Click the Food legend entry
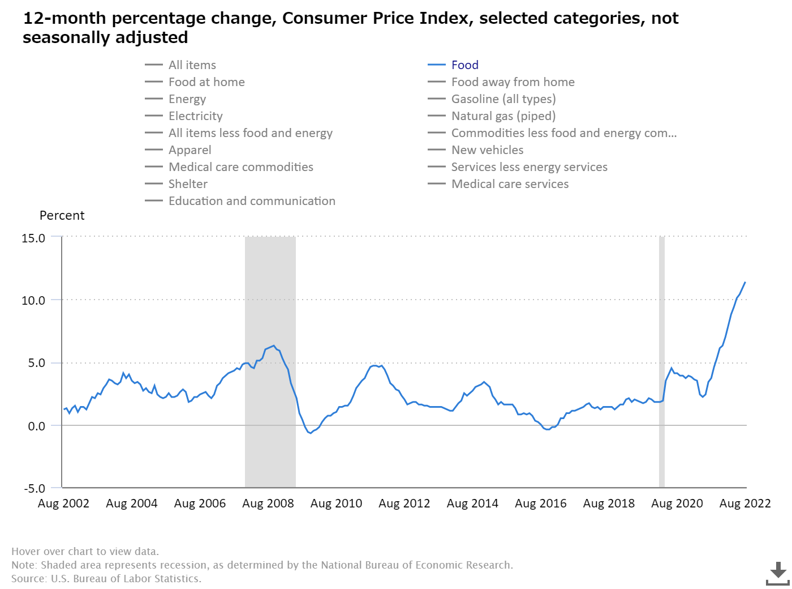pyautogui.click(x=464, y=65)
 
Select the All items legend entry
pyautogui.click(x=192, y=65)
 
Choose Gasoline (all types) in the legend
pyautogui.click(x=503, y=99)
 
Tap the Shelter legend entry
pyautogui.click(x=188, y=184)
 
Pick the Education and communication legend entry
pyautogui.click(x=252, y=201)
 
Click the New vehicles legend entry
pyautogui.click(x=487, y=150)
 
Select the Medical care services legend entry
pyautogui.click(x=510, y=184)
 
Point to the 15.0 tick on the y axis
pyautogui.click(x=33, y=238)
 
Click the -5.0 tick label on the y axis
pyautogui.click(x=34, y=488)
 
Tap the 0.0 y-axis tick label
pyautogui.click(x=36, y=426)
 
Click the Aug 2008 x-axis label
pyautogui.click(x=268, y=503)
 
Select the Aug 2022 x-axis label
pyautogui.click(x=745, y=503)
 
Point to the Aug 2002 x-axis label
pyautogui.click(x=63, y=503)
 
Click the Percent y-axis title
pyautogui.click(x=62, y=216)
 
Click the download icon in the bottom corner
pyautogui.click(x=778, y=573)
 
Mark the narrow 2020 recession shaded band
pyautogui.click(x=662, y=362)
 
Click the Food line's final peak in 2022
pyautogui.click(x=745, y=282)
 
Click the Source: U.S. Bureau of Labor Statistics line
pyautogui.click(x=106, y=579)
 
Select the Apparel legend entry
pyautogui.click(x=190, y=150)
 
